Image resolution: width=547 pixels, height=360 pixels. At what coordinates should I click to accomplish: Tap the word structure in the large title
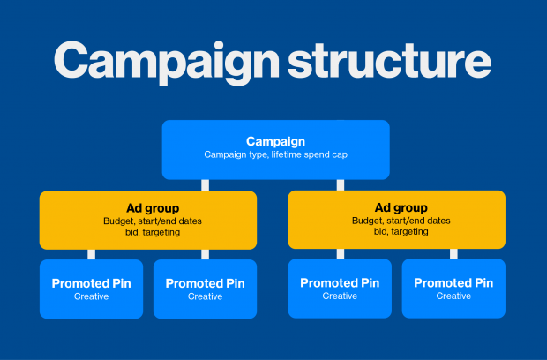coord(389,60)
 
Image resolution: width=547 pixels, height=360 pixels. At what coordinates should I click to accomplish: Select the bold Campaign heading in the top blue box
coord(275,142)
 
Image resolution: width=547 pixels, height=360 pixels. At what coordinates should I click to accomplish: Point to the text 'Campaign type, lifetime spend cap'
coord(275,154)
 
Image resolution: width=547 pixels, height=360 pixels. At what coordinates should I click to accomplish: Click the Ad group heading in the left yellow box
coord(153,208)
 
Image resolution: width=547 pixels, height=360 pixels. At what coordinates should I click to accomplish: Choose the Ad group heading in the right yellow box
coord(401,208)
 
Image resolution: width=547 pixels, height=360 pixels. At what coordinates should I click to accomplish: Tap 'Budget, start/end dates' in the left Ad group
coord(153,221)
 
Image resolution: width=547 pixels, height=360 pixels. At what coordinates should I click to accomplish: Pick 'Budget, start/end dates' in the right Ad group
coord(401,221)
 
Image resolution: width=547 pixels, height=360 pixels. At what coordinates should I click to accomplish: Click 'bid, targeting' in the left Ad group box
coord(153,232)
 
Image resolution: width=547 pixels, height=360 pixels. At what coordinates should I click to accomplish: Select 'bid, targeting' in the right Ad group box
coord(401,232)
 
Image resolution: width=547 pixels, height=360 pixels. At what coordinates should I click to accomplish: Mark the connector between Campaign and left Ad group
coord(205,185)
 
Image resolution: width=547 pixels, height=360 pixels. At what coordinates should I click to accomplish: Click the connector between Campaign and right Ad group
coord(341,185)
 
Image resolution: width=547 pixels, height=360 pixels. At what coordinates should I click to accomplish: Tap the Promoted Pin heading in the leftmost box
coord(92,283)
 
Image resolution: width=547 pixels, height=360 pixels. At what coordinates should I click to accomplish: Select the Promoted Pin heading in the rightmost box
coord(453,283)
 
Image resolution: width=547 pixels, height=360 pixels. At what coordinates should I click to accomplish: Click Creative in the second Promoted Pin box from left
coord(205,296)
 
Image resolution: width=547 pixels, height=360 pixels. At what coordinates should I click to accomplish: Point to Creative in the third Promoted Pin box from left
coord(340,296)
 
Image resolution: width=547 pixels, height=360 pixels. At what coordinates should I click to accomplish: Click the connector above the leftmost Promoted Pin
coord(92,254)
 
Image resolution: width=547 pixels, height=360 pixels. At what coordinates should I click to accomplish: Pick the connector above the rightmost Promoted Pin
coord(453,253)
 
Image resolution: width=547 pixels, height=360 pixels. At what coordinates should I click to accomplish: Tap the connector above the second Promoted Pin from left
coord(205,254)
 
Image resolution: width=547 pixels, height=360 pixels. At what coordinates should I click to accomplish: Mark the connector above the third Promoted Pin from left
coord(341,253)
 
